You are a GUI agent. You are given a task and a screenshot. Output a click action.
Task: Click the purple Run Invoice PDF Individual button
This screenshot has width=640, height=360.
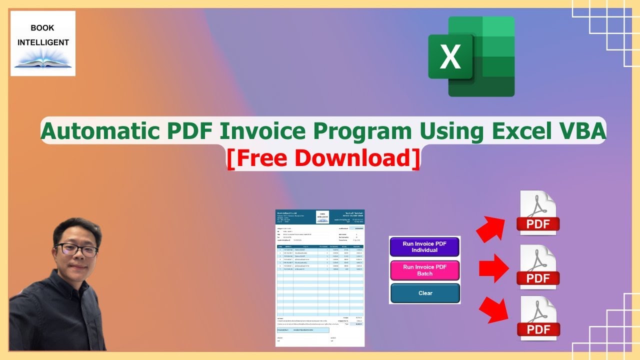[424, 246]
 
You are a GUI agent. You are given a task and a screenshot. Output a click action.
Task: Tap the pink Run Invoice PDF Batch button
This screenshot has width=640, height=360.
[424, 270]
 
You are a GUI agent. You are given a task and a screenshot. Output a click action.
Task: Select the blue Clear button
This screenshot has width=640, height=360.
[425, 293]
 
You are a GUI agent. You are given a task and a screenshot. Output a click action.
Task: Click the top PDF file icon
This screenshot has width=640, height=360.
[538, 213]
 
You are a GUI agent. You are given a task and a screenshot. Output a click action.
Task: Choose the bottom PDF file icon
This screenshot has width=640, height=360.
[538, 318]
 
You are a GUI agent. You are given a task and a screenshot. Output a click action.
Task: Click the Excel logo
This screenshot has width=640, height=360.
[471, 56]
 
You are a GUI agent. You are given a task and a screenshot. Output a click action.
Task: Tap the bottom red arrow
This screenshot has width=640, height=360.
[492, 310]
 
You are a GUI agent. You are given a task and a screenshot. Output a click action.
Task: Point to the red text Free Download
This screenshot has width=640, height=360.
[323, 157]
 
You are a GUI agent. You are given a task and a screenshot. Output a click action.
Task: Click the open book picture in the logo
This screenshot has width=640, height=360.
[43, 61]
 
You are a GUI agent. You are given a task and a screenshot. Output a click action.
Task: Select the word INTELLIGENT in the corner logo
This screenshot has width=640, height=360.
[43, 42]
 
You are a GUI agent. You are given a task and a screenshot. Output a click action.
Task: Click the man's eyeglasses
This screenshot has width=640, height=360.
[76, 249]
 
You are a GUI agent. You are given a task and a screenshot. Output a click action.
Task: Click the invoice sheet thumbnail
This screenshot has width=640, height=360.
[320, 278]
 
